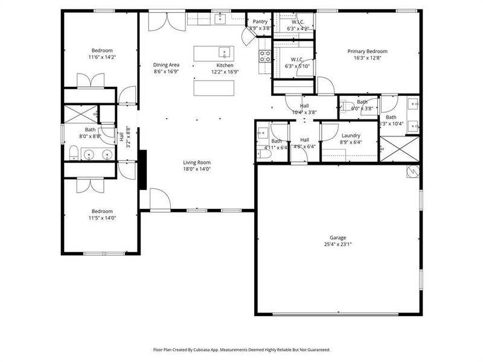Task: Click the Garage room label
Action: click(x=337, y=237)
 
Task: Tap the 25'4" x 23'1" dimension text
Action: click(x=337, y=244)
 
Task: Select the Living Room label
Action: click(x=197, y=162)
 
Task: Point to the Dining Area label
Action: click(x=165, y=65)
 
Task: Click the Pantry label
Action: click(x=260, y=21)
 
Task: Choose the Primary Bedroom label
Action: click(x=367, y=51)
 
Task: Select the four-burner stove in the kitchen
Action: click(x=264, y=56)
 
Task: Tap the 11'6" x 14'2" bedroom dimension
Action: click(x=102, y=58)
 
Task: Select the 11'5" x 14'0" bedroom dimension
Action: click(x=101, y=218)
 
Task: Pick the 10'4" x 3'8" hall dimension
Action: click(x=304, y=112)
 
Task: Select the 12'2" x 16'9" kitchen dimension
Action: click(x=225, y=72)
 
